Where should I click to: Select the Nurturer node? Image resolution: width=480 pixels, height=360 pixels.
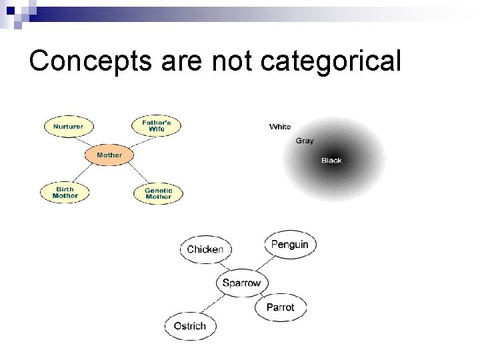point(69,126)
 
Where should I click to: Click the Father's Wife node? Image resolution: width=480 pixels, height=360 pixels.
point(157,125)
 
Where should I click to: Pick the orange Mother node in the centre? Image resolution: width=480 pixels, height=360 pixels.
point(109,155)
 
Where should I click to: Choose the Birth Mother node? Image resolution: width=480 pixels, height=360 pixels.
point(65,193)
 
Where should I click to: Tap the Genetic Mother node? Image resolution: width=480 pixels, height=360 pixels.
point(158,193)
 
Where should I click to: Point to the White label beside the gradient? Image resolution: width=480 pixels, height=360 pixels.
point(280,127)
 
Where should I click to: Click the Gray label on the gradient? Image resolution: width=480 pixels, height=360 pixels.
point(305,141)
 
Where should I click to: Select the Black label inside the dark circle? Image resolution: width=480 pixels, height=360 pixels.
point(331,161)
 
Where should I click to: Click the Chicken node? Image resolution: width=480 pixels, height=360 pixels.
point(205,249)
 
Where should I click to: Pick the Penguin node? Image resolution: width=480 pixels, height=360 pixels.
point(289,245)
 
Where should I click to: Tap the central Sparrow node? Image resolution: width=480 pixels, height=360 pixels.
point(241,283)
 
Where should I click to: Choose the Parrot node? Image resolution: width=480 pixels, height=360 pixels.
point(280,307)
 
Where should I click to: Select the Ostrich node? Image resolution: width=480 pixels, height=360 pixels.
point(190,326)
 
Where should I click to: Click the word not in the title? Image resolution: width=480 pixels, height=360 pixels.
point(233,61)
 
